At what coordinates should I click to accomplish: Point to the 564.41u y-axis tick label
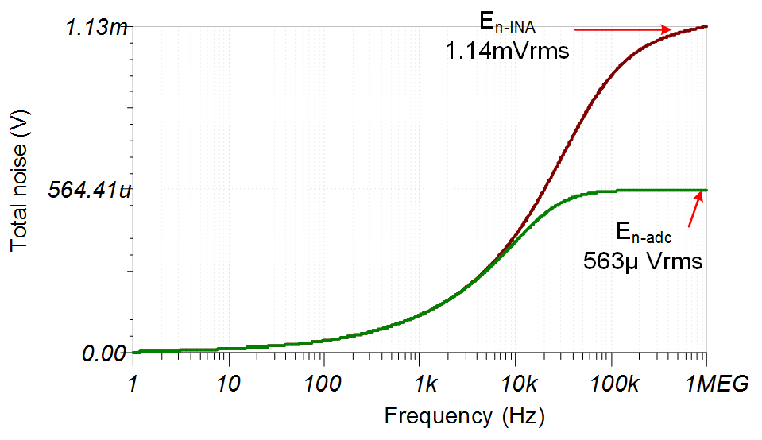click(88, 191)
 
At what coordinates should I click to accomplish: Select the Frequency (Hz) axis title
click(464, 415)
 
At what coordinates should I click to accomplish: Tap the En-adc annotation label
click(644, 232)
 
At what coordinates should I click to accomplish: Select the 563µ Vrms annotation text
click(644, 260)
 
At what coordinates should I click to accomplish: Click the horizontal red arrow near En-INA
click(623, 30)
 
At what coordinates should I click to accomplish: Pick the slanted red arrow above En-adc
click(696, 210)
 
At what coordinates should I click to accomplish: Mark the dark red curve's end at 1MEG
click(706, 27)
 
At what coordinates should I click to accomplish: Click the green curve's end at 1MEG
click(706, 191)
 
